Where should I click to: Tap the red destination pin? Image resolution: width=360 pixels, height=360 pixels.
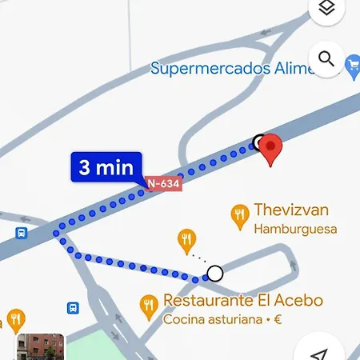[x=271, y=148]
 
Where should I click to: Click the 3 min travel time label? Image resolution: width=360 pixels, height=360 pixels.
[x=106, y=167]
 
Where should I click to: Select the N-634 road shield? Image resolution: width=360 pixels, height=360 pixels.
[x=163, y=184]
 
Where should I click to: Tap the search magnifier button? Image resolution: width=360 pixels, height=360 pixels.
[x=326, y=58]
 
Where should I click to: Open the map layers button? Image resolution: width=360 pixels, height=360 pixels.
[x=326, y=9]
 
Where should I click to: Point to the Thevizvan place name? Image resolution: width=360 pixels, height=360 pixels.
[x=291, y=210]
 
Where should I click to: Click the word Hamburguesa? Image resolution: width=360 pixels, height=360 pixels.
[x=295, y=229]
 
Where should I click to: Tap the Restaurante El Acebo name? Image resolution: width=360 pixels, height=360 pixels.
[x=242, y=301]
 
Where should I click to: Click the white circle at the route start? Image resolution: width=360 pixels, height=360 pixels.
[x=214, y=274]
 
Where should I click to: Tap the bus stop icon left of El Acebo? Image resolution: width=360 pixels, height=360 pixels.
[x=73, y=307]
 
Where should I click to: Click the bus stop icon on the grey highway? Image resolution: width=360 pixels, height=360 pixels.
[x=21, y=234]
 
